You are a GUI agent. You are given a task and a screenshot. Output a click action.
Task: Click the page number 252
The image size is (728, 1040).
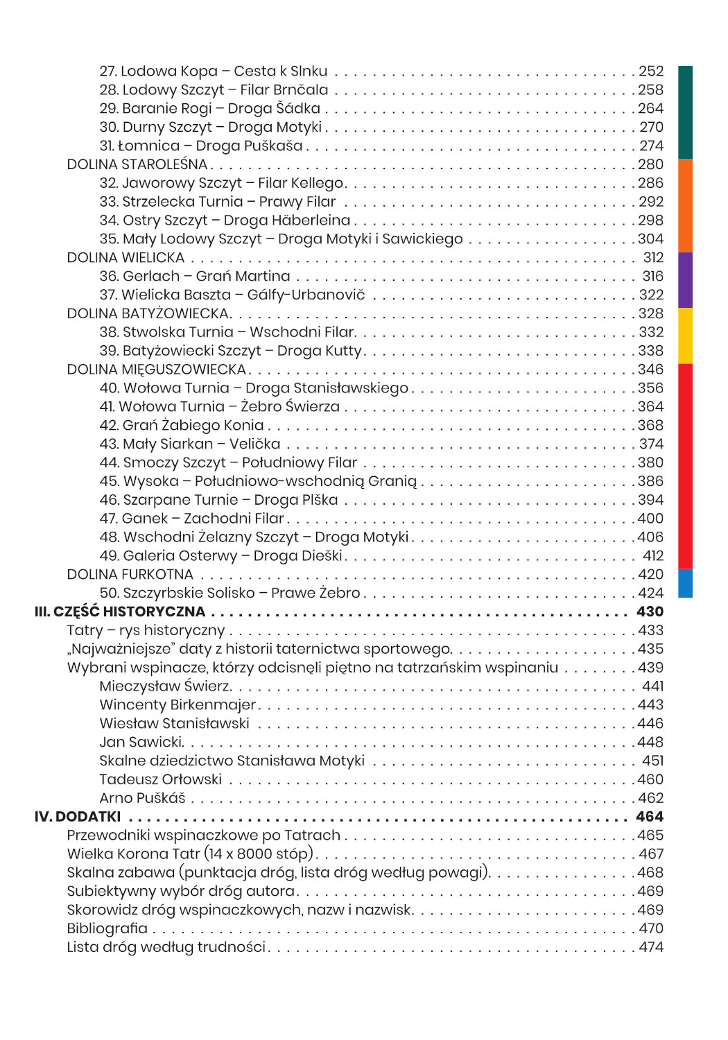[650, 71]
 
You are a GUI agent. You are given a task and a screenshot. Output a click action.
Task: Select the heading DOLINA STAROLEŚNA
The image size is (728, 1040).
[137, 164]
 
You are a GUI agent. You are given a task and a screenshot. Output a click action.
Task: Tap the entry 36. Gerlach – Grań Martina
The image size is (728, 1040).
[194, 276]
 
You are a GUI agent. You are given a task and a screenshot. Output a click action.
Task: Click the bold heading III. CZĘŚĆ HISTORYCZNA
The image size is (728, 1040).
[120, 612]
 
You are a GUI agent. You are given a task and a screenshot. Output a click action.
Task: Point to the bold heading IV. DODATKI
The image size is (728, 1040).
[78, 817]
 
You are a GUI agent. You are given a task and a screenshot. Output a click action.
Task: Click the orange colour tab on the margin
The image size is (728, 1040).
[685, 205]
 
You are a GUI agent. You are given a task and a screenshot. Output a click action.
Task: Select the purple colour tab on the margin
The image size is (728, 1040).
[685, 279]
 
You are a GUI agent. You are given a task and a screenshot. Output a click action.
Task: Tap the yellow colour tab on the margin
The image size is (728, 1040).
[685, 336]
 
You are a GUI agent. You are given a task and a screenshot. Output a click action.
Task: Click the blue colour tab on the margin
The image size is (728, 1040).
[685, 583]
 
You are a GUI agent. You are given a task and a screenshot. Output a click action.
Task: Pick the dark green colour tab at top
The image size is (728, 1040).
[685, 112]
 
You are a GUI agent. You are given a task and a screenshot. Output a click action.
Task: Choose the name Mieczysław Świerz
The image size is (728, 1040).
[165, 686]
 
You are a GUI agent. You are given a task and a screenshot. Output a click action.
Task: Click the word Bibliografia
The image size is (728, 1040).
[107, 928]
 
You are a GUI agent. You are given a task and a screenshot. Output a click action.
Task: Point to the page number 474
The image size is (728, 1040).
[650, 947]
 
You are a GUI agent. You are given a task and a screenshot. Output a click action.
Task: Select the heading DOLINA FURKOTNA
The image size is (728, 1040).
[130, 575]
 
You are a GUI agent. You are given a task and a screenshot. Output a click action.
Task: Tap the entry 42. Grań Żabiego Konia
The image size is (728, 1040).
[181, 426]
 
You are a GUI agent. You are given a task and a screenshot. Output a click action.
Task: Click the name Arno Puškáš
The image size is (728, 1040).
[142, 798]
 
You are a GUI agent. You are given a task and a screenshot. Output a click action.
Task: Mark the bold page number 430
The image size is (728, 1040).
[650, 612]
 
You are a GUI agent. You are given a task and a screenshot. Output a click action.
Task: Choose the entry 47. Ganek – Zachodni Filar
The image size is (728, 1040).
[191, 519]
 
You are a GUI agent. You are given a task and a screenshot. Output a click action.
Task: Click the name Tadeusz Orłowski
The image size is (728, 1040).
[160, 779]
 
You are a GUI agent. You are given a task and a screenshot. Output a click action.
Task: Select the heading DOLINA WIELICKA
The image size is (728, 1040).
[125, 258]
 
